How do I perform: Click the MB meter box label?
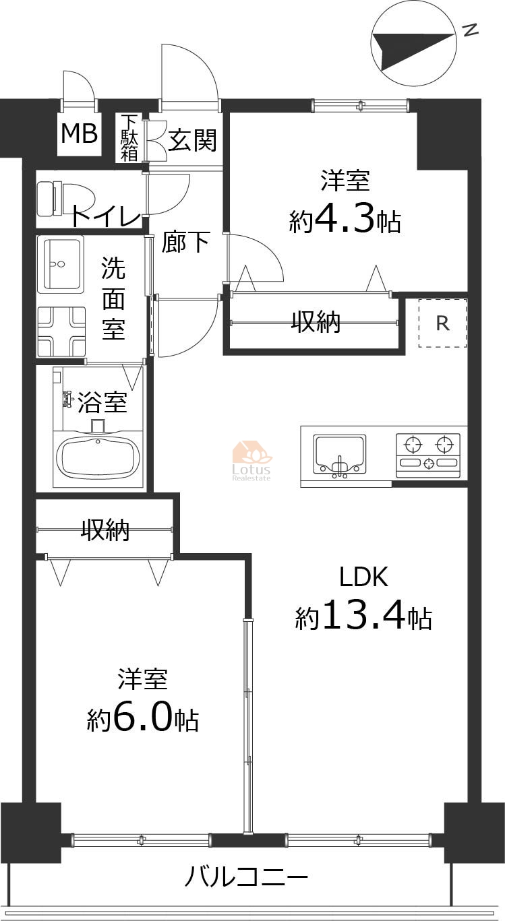80,133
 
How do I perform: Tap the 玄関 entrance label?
192,139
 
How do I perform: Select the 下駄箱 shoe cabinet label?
129,137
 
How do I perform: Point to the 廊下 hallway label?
186,242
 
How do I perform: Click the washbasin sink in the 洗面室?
60,264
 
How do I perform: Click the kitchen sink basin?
339,454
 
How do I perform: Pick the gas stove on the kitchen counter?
428,456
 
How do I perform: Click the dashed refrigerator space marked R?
442,323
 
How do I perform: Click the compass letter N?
470,30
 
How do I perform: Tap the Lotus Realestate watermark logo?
251,461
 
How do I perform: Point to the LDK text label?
364,577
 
